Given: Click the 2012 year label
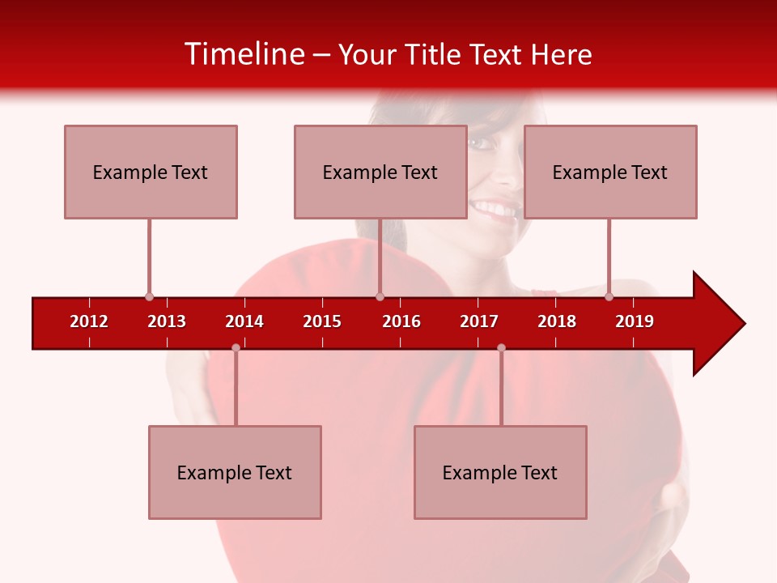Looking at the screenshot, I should point(89,321).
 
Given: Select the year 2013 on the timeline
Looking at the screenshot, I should point(167,321).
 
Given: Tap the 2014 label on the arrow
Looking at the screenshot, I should point(244,321).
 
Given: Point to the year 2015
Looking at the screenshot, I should point(322,321).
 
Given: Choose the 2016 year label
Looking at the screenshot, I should point(401,321).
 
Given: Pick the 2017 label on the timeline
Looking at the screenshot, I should point(479,321).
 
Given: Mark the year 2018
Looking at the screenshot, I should point(557,321).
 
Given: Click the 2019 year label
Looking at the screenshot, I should point(635,321).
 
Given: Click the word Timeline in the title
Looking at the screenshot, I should point(244,54).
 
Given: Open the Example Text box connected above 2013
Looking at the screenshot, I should point(151,172).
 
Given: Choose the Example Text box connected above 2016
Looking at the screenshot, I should point(380,172).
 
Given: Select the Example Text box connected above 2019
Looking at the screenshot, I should point(610,172).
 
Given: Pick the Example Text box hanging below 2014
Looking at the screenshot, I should point(235,472).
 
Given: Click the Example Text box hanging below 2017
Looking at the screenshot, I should point(500,472).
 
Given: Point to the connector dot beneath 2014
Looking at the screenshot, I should point(236,347).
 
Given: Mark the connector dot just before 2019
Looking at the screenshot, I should point(609,296).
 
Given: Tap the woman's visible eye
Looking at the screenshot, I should point(482,143).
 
